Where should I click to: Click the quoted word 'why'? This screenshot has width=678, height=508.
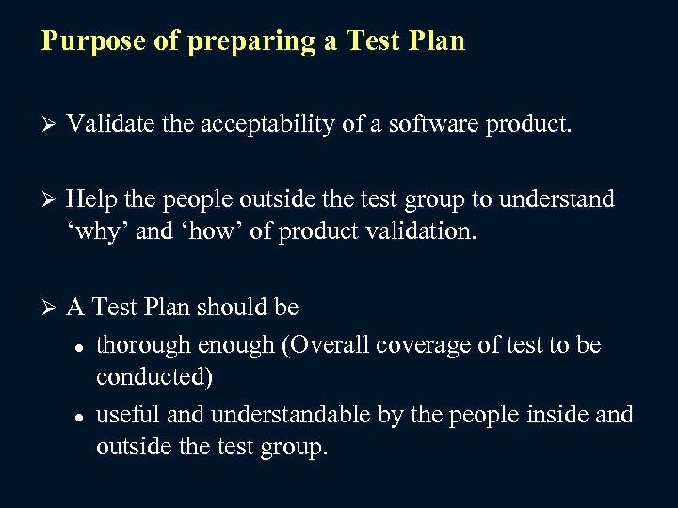[x=99, y=231]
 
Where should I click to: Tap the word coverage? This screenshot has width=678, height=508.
[x=444, y=346]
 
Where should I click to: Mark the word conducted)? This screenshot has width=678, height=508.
[x=154, y=377]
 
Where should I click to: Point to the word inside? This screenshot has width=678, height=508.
[x=555, y=414]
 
